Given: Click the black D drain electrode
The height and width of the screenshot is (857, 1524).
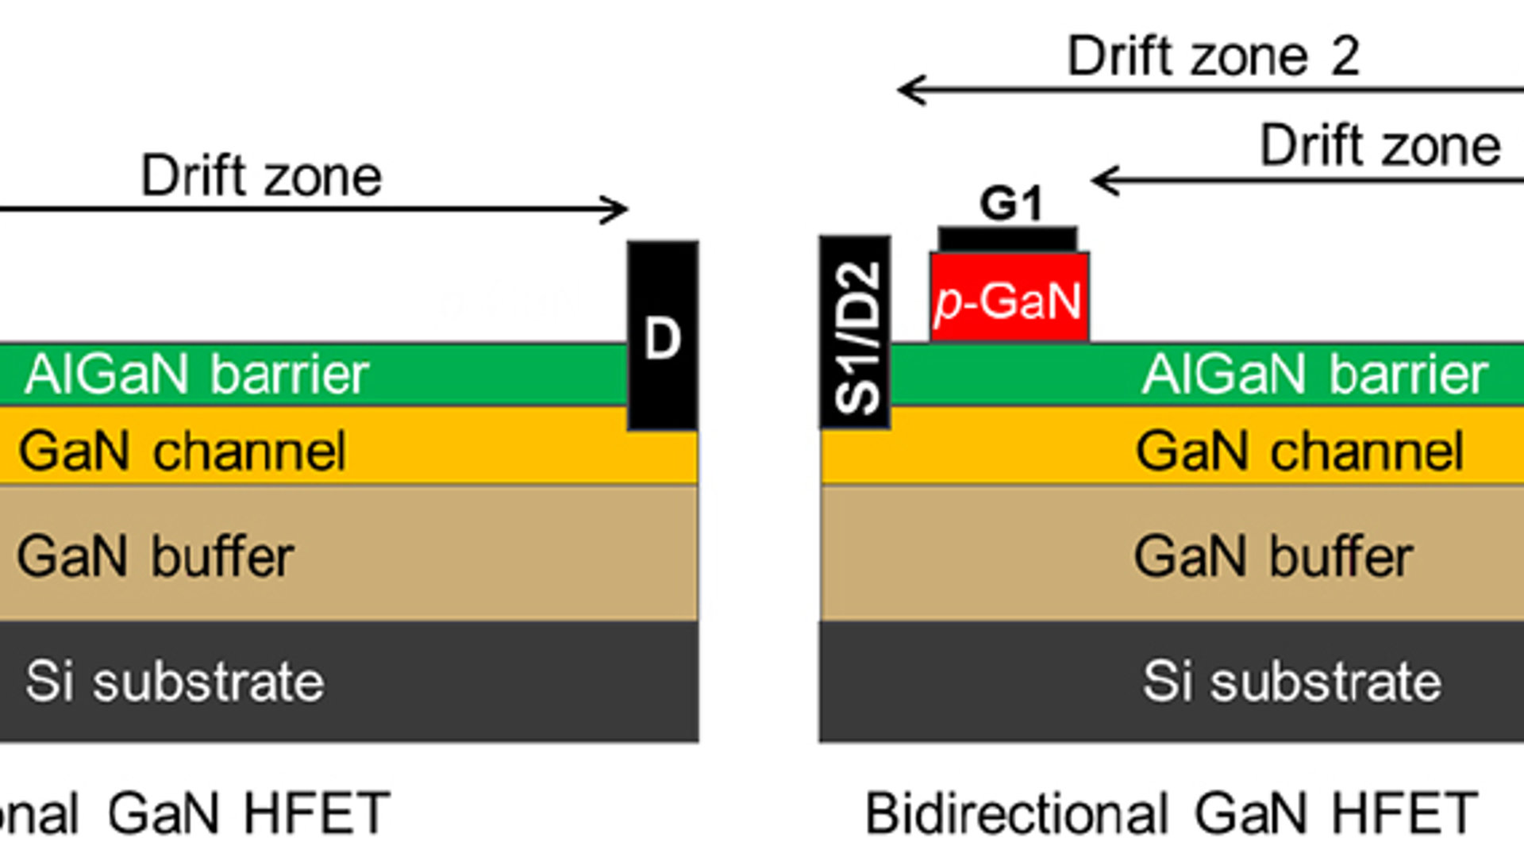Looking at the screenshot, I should [x=663, y=337].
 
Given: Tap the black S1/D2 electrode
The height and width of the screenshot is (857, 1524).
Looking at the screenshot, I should [x=855, y=333].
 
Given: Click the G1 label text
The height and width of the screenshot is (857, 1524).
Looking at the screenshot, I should [x=1010, y=204].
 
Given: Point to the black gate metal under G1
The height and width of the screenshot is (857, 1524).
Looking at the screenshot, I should [x=1007, y=240].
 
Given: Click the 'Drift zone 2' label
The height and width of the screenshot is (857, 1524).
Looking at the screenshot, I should [x=1213, y=57].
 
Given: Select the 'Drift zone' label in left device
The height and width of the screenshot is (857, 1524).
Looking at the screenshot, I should [x=260, y=176].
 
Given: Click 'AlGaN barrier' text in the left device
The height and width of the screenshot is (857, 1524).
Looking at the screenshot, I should [x=196, y=374].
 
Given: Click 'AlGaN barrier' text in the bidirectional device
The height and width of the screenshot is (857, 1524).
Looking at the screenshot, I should [x=1314, y=374].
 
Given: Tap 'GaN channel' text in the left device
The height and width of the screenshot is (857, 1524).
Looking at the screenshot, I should [x=182, y=452].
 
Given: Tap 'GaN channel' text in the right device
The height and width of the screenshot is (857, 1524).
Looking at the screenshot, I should [x=1299, y=452].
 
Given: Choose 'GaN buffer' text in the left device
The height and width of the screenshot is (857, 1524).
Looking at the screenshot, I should [x=156, y=556].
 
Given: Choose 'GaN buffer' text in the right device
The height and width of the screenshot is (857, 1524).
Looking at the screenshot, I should [x=1272, y=556].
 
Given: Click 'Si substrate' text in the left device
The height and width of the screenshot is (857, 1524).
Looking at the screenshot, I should [x=175, y=682].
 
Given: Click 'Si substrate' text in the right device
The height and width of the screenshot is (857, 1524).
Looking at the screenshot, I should [x=1291, y=682].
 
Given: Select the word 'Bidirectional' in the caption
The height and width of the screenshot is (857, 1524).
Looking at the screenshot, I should [x=1016, y=814].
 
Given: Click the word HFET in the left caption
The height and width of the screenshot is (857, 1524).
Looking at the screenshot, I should [x=317, y=814].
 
